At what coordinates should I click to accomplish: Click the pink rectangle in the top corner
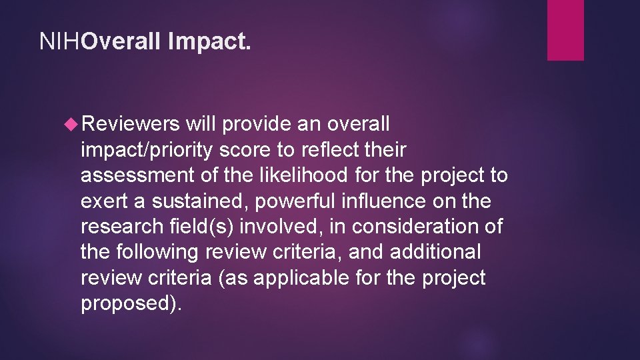[565, 30]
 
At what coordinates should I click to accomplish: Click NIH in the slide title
[60, 43]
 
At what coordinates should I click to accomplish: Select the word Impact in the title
[210, 43]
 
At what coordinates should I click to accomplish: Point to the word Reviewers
[130, 125]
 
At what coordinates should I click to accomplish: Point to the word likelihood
[301, 176]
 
